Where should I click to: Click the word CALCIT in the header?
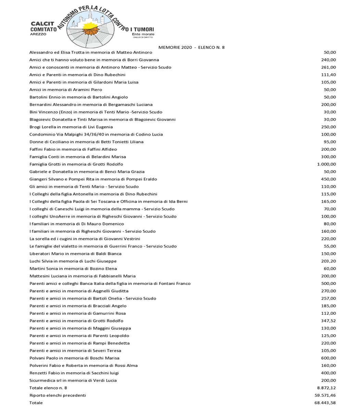coord(42,24)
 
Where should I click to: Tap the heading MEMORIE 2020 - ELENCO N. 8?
coord(191,47)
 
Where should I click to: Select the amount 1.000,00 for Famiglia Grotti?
coord(326,164)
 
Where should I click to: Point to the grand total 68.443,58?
coord(325,403)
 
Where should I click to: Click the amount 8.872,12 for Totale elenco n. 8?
coord(326,388)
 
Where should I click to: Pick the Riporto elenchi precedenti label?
coord(58,395)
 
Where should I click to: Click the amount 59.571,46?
coord(325,395)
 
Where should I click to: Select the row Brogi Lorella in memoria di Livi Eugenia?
coord(71,127)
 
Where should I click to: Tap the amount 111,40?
coord(329,75)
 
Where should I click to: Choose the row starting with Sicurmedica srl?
coord(73,380)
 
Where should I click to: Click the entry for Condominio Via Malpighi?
coord(96,134)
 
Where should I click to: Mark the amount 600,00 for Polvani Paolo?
coord(329,358)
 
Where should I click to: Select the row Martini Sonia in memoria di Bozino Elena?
coord(73,269)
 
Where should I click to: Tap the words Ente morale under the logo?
coord(143,34)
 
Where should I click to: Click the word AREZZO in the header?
coord(38,34)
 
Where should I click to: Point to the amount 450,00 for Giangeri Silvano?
coord(329,179)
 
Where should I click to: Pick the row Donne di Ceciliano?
coord(86,142)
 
